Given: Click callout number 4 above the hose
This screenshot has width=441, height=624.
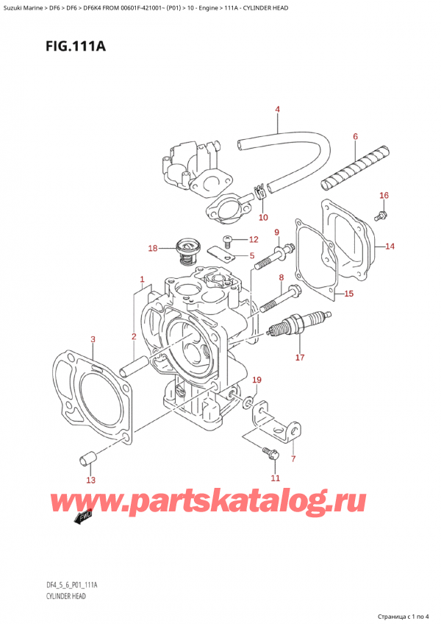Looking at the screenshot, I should click(278, 110).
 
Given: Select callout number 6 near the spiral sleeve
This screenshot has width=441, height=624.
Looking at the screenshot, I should click(355, 137).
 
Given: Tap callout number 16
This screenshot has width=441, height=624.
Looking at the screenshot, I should click(384, 195).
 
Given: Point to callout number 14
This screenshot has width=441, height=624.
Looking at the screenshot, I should click(390, 247).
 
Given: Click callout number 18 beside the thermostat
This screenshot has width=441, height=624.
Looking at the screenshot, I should click(153, 249).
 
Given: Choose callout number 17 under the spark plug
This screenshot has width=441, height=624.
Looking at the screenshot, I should click(299, 358).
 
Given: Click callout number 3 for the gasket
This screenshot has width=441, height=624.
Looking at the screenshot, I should click(93, 339).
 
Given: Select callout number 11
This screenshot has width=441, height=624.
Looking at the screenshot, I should click(275, 478).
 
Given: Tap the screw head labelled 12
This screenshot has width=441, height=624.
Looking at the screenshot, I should click(228, 240).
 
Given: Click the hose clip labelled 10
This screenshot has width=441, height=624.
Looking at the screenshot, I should click(259, 195).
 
